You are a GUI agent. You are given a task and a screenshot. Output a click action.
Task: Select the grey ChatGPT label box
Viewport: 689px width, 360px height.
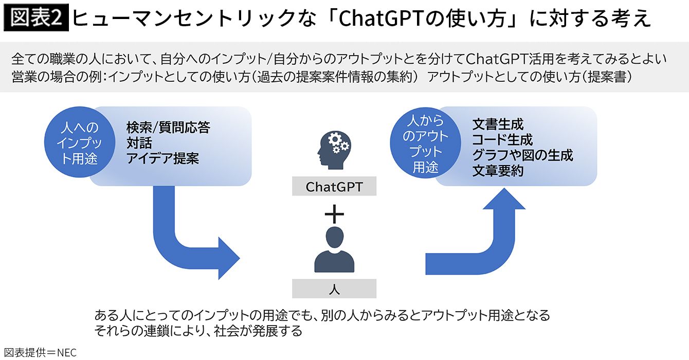(x=334, y=186)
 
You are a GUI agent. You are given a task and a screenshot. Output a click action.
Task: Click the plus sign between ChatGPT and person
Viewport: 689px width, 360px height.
(x=334, y=212)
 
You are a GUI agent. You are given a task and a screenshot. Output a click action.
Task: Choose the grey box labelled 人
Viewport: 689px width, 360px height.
(x=334, y=289)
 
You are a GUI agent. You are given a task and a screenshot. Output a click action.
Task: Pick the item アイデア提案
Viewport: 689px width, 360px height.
(x=162, y=158)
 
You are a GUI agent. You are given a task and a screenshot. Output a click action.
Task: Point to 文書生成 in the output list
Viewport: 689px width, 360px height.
(x=497, y=124)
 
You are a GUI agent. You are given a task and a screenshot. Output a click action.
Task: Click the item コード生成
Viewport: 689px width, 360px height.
(x=502, y=140)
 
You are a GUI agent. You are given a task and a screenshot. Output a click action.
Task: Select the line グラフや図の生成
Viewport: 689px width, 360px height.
(x=522, y=155)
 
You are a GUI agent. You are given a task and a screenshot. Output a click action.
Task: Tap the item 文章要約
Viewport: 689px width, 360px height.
(x=497, y=171)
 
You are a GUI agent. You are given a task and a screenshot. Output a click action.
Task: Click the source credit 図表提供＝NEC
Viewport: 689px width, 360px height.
(x=39, y=352)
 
